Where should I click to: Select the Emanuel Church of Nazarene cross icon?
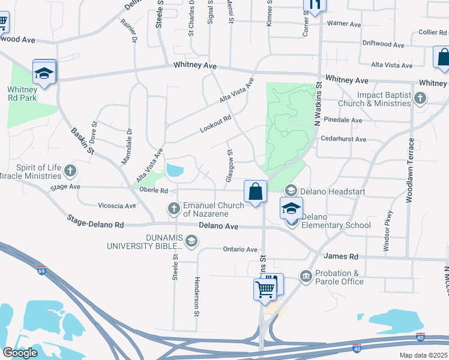[174, 209]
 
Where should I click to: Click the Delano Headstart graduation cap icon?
[291, 191]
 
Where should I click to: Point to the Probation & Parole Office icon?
[306, 276]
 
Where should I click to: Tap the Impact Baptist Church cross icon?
[420, 98]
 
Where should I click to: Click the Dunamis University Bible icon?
[191, 241]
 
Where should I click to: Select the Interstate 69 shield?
[41, 271]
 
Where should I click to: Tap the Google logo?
[20, 353]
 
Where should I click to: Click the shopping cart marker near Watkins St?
[265, 290]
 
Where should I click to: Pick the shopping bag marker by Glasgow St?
[255, 192]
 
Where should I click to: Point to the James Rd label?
[341, 256]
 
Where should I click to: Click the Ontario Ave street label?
[240, 250]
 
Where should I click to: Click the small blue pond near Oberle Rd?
[174, 171]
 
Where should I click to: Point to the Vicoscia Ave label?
[117, 206]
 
